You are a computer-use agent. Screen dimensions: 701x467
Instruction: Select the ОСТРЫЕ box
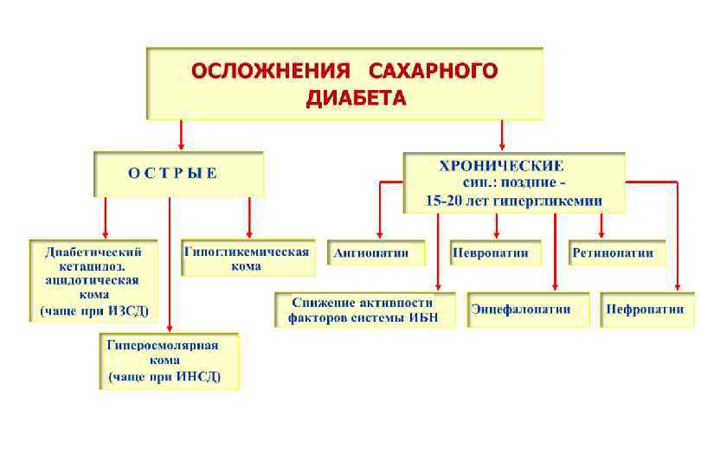click(178, 173)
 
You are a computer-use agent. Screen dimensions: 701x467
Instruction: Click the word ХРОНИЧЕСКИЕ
click(501, 164)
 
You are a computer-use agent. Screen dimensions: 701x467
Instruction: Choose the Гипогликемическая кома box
click(246, 258)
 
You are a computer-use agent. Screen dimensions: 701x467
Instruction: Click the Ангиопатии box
click(377, 253)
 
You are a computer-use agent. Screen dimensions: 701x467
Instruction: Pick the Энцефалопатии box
click(527, 309)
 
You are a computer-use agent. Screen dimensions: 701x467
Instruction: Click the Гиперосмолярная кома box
click(168, 361)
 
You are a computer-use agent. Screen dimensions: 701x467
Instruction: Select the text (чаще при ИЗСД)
click(94, 310)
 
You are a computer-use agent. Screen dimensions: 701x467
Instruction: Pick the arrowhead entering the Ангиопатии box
click(377, 232)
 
